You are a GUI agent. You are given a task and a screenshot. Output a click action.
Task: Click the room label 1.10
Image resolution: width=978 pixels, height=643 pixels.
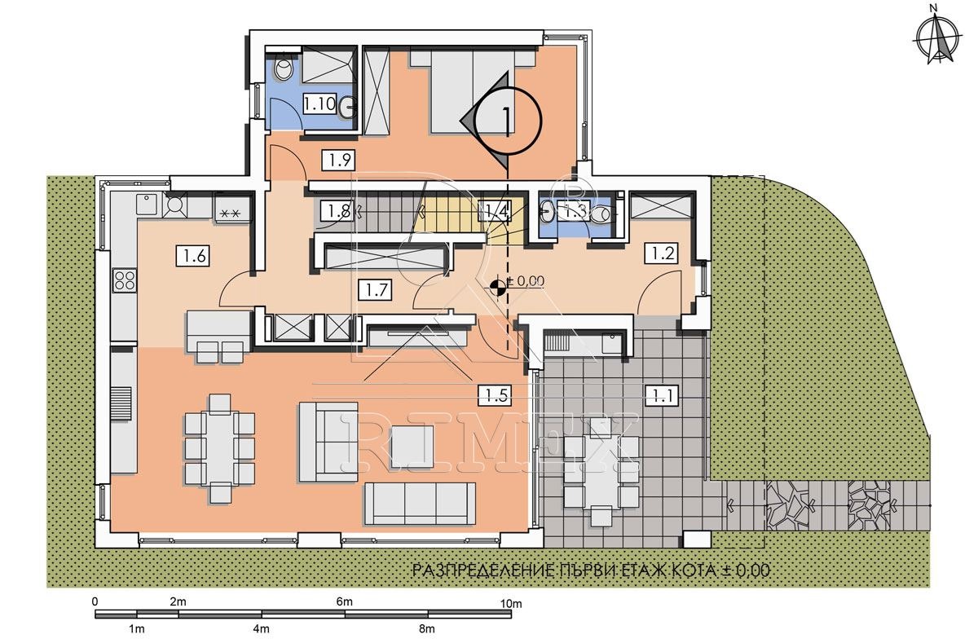click(x=319, y=103)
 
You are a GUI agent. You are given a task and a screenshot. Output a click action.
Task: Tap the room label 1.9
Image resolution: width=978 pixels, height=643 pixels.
click(x=338, y=161)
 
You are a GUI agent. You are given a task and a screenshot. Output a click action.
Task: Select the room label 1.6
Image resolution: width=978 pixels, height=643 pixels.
click(x=193, y=255)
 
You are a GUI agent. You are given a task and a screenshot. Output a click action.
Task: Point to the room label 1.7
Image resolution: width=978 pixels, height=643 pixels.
click(x=375, y=290)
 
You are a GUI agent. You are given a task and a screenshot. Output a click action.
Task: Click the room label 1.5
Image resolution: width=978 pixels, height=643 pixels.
click(x=496, y=395)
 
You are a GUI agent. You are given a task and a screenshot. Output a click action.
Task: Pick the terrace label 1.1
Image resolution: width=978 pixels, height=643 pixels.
click(x=662, y=395)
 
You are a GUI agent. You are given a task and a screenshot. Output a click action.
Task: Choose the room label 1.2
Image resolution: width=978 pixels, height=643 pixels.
click(x=662, y=253)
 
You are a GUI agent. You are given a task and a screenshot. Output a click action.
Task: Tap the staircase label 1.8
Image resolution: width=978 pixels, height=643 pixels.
click(x=337, y=211)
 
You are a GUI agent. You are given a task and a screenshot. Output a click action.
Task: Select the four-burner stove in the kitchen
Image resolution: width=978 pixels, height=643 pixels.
click(x=125, y=280)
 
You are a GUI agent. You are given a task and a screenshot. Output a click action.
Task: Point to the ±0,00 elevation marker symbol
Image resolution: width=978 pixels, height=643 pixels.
click(x=497, y=286)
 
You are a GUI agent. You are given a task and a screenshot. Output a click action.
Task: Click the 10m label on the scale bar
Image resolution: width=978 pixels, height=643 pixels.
click(x=511, y=604)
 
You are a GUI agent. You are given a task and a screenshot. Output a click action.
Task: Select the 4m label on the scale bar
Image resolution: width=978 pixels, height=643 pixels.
click(x=261, y=629)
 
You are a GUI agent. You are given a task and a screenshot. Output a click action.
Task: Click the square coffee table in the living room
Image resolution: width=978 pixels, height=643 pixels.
click(x=412, y=447)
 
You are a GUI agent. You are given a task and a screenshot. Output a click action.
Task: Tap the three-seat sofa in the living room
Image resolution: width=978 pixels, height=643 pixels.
click(x=420, y=504)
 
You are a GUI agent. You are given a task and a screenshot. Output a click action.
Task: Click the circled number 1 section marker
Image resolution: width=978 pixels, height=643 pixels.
click(x=507, y=120)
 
